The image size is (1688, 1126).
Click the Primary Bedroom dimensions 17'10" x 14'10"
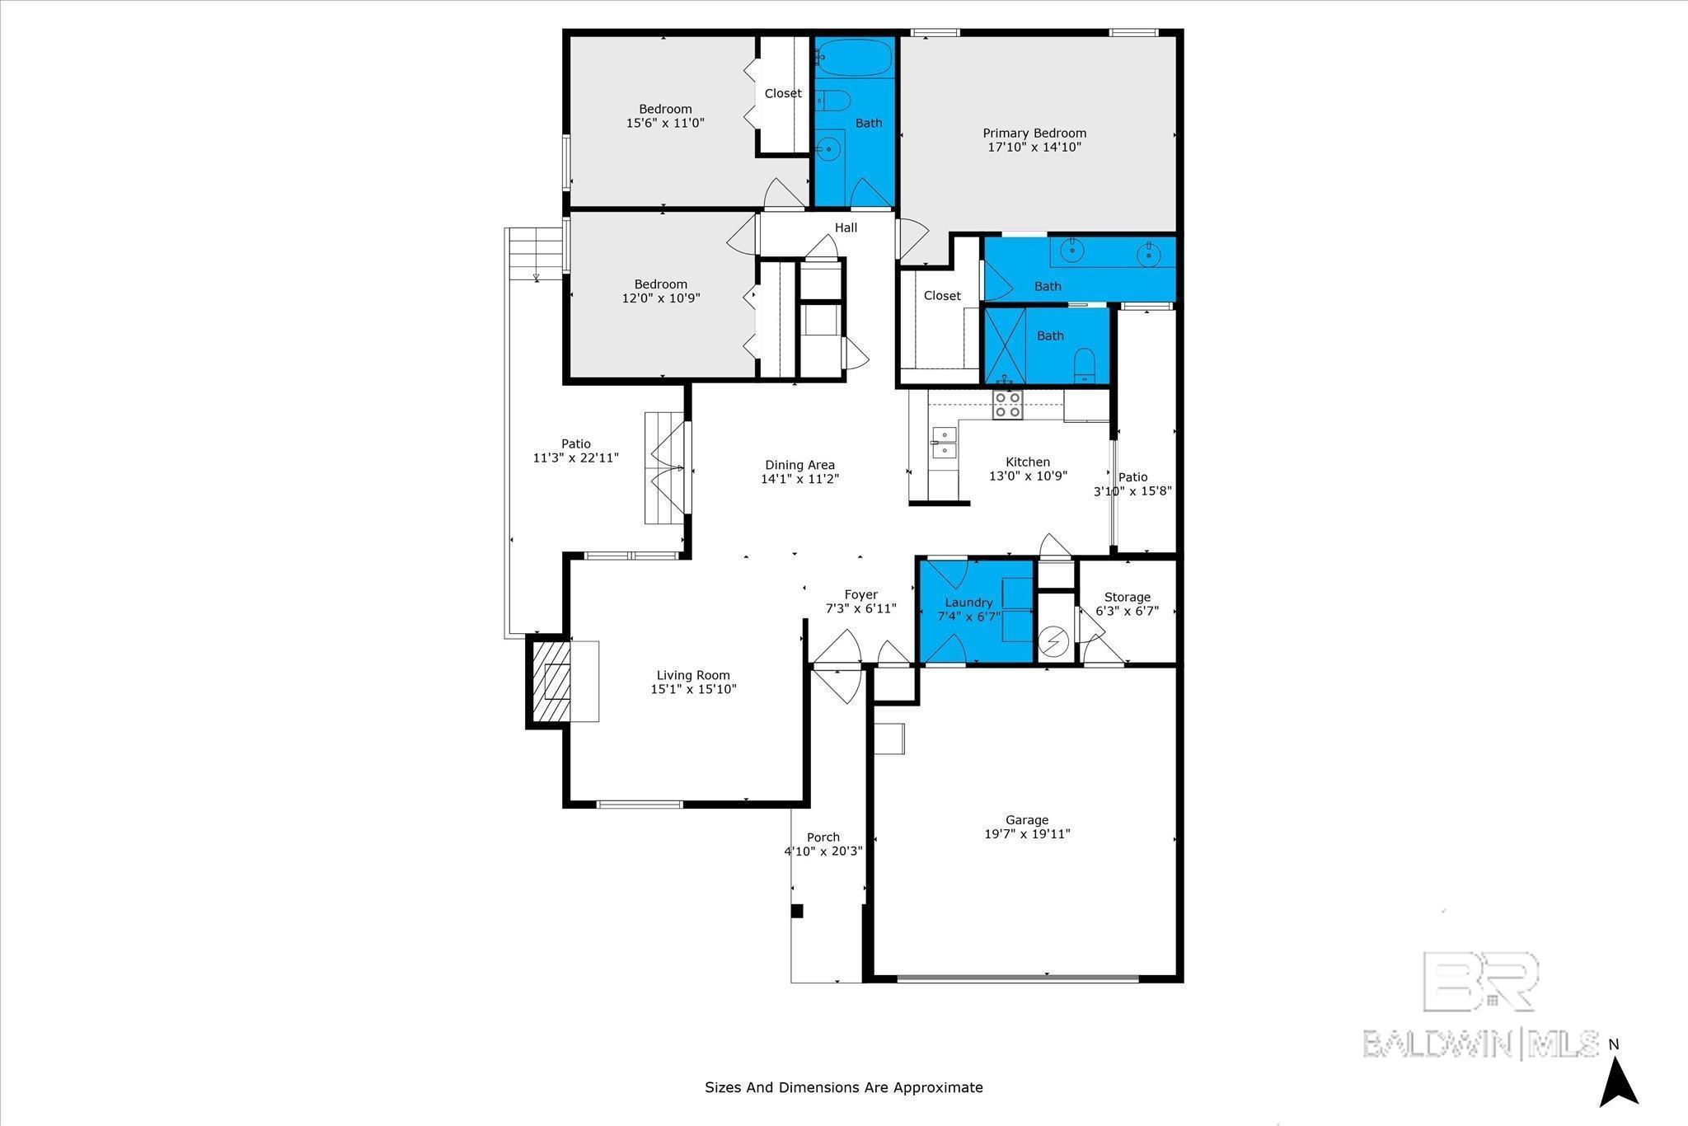point(1034,148)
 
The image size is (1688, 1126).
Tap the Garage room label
point(1026,819)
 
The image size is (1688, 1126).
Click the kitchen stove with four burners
point(1007,405)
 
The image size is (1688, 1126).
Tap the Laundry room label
point(968,603)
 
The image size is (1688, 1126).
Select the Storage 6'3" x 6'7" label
point(1127,603)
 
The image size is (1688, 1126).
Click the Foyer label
point(860,594)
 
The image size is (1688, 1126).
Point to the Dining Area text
point(799,465)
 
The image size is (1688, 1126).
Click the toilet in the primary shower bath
point(1085,365)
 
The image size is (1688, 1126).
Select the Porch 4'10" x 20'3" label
point(823,843)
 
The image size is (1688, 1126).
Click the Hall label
point(846,228)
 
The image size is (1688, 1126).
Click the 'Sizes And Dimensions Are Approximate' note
point(843,1087)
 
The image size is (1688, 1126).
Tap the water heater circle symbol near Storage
point(1053,640)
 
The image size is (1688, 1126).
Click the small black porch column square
point(797,910)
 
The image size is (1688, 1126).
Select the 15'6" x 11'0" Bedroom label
point(665,116)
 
